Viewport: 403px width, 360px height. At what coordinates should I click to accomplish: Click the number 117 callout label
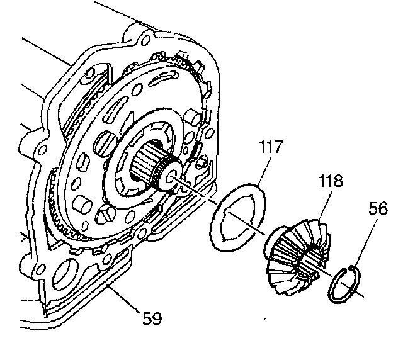[271, 150]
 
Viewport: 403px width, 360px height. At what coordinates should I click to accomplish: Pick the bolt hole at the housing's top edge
[147, 42]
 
